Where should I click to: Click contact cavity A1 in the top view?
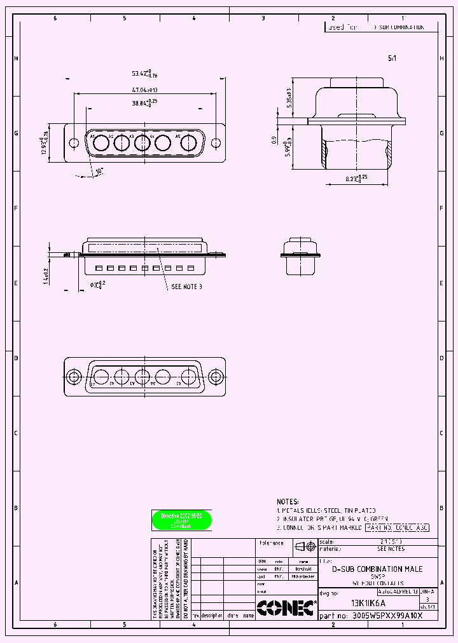[x=101, y=143]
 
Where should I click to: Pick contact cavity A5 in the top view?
[x=188, y=143]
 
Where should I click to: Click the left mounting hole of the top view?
[x=74, y=143]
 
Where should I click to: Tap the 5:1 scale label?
[x=392, y=58]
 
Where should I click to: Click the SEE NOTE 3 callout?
[x=186, y=287]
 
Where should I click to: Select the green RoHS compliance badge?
[x=181, y=520]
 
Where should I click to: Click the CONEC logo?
[x=286, y=608]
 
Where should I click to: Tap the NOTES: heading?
[x=288, y=501]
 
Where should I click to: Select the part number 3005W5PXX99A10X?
[x=387, y=616]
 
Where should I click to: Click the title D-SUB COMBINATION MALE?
[x=377, y=569]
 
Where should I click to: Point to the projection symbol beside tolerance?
[x=306, y=546]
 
